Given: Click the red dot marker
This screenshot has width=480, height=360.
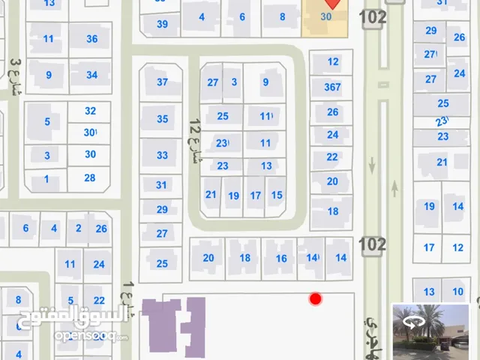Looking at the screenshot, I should tap(316, 299).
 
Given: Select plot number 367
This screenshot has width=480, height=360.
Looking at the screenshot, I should tap(332, 87).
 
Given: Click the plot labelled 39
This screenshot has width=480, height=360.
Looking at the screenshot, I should tap(162, 24).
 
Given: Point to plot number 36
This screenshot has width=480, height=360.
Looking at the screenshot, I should tap(91, 39).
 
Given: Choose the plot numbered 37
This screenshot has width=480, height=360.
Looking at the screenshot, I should tap(162, 82).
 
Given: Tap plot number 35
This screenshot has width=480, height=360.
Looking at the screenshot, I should tap(162, 118).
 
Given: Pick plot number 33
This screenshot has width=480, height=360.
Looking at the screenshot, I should tap(162, 155).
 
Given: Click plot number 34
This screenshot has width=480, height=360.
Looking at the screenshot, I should tap(91, 75).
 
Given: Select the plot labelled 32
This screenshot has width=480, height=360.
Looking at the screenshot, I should tap(90, 111).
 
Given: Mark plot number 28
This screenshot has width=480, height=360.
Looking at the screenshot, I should tap(90, 178).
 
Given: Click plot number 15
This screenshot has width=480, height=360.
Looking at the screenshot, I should tap(277, 195).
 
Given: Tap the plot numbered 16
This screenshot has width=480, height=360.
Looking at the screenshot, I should tap(281, 258).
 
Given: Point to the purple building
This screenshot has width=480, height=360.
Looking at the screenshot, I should tap(174, 326).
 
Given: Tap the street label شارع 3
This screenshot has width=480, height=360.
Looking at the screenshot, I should tap(16, 79).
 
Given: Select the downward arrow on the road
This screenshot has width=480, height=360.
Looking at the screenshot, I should tap(373, 163).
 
